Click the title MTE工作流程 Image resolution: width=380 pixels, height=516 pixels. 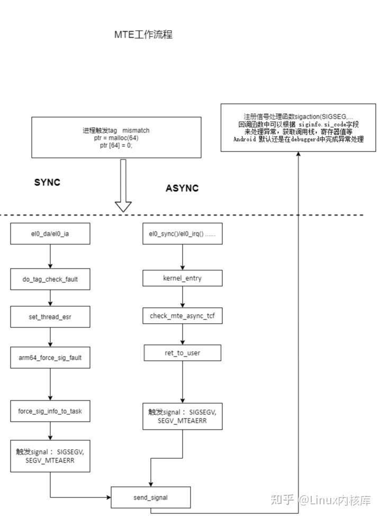143,35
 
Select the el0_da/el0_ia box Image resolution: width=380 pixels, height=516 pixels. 50,234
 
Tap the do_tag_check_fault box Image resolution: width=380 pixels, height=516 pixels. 50,279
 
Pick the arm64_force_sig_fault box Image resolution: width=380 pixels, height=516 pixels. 50,358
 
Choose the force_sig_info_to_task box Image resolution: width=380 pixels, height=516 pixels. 50,411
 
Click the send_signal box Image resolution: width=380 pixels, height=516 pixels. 150,497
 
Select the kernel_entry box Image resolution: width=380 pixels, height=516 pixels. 183,278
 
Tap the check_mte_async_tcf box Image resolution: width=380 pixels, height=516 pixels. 183,316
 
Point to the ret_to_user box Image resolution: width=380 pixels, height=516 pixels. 183,353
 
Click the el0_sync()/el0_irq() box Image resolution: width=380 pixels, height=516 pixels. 183,234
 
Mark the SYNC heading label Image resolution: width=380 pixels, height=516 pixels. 47,183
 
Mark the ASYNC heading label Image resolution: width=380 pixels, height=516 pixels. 182,188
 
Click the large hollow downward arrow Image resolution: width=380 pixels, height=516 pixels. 123,185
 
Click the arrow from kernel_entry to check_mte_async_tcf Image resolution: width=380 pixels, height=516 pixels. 183,297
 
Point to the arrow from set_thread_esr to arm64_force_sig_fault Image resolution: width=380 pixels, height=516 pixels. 50,337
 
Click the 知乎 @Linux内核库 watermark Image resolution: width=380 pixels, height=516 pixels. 320,500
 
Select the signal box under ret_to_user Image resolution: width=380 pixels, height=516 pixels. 183,416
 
